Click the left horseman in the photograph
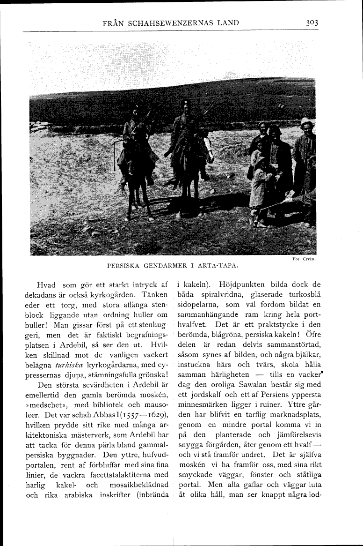coord(136,150)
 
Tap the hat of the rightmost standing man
coord(307,122)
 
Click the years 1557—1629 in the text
coord(138,413)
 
